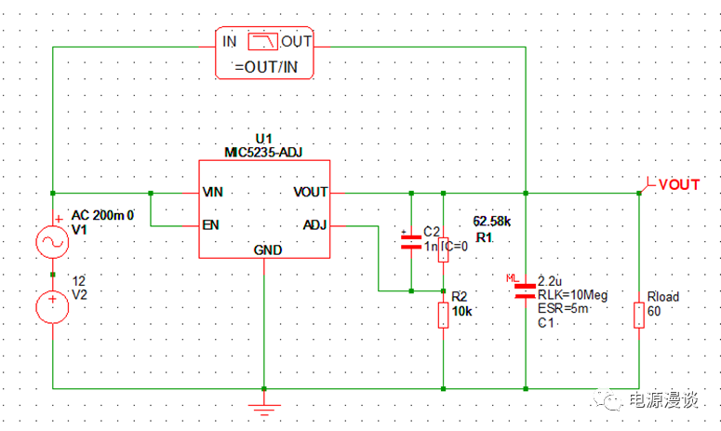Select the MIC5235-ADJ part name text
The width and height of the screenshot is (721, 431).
click(x=263, y=152)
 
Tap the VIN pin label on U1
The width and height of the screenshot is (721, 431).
click(x=213, y=193)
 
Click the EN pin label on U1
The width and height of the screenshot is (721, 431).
click(x=210, y=224)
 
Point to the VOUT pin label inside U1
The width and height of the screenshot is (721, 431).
click(x=310, y=193)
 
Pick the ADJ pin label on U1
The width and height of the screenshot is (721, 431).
click(x=314, y=224)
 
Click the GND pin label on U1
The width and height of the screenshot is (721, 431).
click(x=267, y=250)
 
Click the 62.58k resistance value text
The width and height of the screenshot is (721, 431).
click(x=492, y=222)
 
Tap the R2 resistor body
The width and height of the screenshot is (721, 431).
click(x=443, y=315)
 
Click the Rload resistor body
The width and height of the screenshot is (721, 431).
click(x=638, y=315)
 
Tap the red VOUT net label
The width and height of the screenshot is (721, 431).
click(x=678, y=185)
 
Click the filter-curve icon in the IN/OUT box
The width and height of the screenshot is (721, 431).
click(x=265, y=41)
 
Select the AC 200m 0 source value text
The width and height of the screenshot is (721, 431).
click(x=103, y=215)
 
